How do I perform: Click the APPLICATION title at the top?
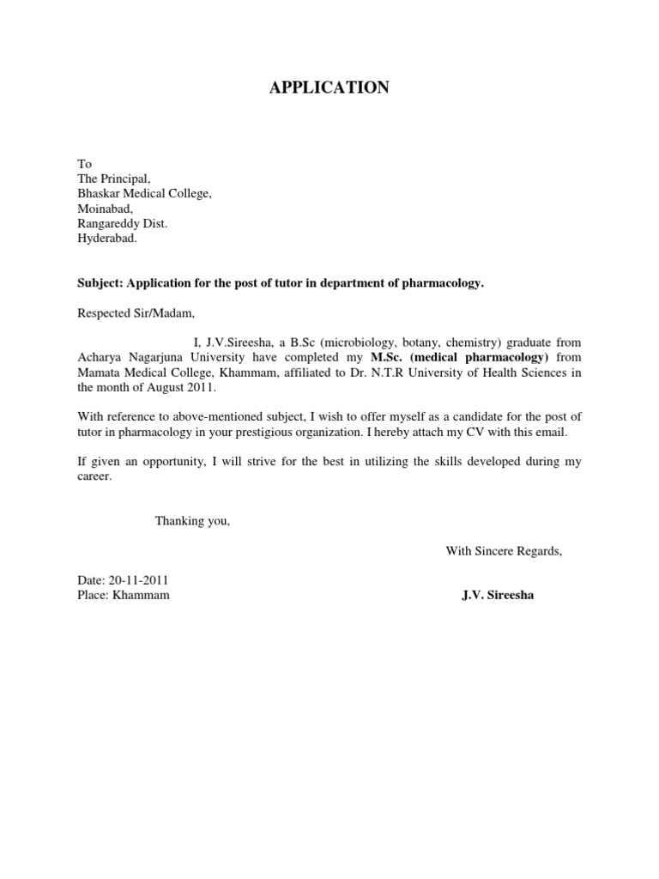[329, 88]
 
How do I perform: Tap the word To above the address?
[84, 164]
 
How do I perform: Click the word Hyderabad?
[106, 239]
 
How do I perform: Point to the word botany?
[417, 343]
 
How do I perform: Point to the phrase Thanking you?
[192, 520]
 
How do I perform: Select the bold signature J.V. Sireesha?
[498, 595]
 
